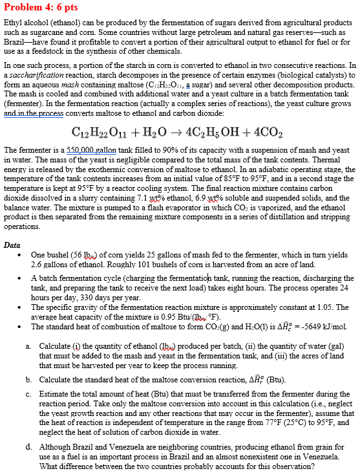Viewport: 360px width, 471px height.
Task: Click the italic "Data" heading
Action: click(12, 246)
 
